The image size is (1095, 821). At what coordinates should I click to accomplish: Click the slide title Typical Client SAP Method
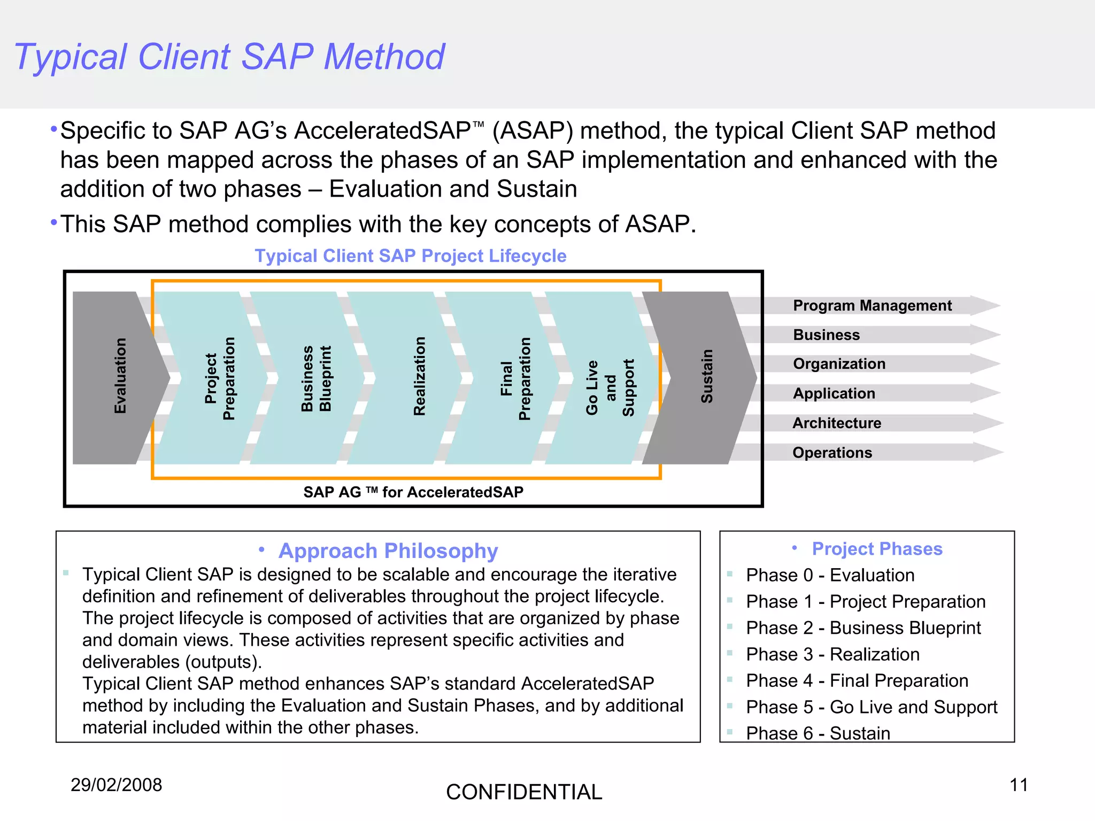click(229, 57)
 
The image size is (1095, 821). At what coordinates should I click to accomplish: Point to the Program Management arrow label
click(872, 306)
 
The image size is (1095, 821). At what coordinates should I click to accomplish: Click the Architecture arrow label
click(837, 423)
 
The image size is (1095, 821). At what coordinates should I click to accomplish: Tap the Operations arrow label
click(832, 453)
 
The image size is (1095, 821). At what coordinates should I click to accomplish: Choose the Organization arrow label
click(839, 364)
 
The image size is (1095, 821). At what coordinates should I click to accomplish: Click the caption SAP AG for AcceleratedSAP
click(413, 492)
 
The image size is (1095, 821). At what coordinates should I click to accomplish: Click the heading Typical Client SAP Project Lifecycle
click(410, 256)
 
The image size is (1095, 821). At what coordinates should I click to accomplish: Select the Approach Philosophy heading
click(388, 551)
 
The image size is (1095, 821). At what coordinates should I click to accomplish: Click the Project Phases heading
click(877, 549)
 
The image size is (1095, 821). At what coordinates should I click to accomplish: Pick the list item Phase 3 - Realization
click(832, 654)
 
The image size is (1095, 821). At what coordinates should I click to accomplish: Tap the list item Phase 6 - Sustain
click(818, 733)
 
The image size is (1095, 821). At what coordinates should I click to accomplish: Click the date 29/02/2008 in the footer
click(116, 785)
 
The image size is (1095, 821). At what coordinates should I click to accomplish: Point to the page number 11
click(1019, 785)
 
